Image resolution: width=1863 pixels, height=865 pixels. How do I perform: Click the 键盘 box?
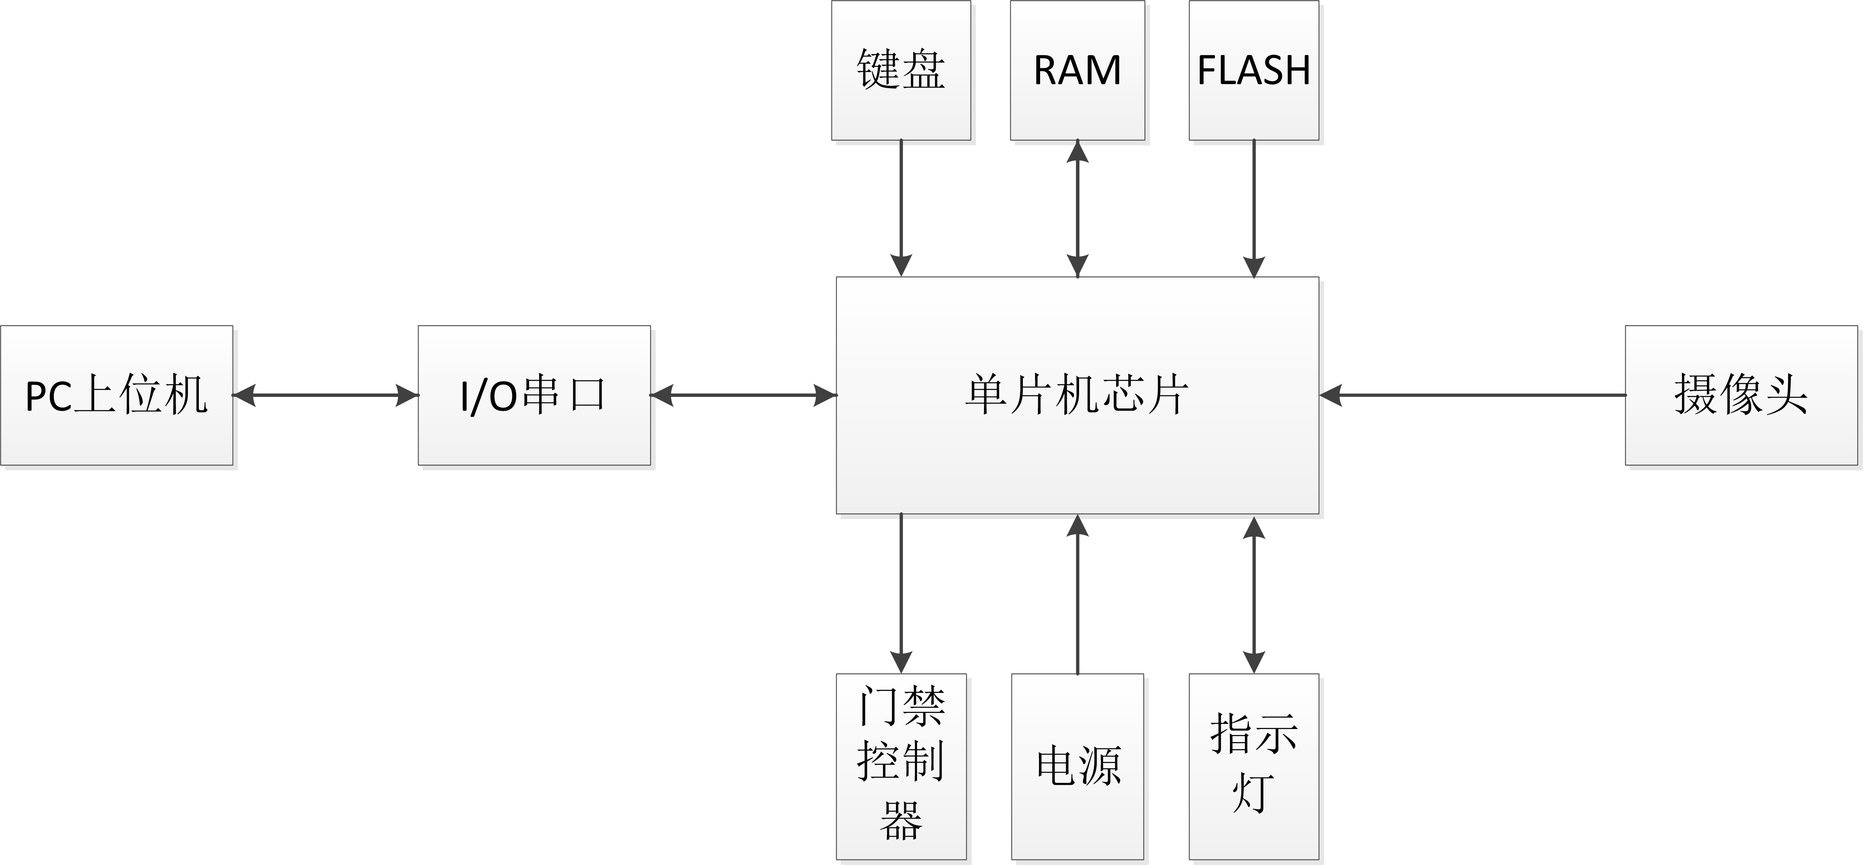pos(900,70)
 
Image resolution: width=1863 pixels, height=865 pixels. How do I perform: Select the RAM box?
pos(1077,70)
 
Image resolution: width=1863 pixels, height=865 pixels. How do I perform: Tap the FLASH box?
pos(1254,70)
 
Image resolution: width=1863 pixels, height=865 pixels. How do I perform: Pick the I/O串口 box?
pos(534,395)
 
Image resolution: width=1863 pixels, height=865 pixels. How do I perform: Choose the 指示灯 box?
pos(1254,767)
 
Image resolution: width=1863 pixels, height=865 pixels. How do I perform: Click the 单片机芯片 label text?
pos(1077,395)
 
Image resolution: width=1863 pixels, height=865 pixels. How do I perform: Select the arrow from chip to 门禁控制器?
pos(901,593)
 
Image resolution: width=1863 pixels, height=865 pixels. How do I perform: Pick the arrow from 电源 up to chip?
pos(1077,593)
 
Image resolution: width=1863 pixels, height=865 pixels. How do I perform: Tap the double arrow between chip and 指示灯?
pos(1254,593)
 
